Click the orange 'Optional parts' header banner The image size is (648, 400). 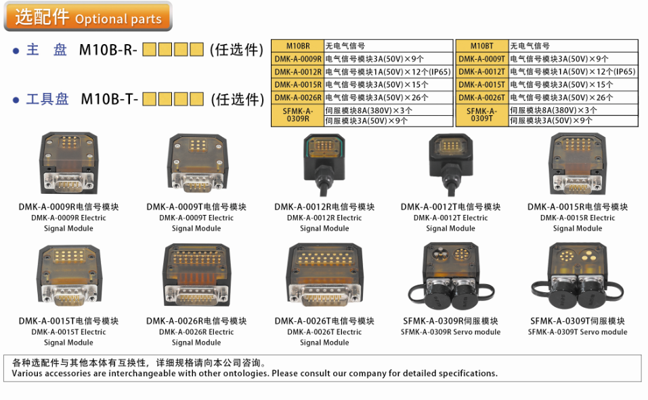click(x=88, y=17)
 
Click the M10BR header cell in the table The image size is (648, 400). click(x=298, y=46)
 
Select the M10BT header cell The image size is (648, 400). click(x=482, y=46)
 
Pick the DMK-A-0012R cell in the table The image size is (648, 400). click(x=298, y=72)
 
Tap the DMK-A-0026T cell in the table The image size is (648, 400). click(x=482, y=98)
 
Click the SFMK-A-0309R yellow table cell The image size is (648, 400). click(x=298, y=115)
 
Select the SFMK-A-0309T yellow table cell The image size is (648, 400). click(x=482, y=115)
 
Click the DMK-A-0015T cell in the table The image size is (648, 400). click(x=482, y=85)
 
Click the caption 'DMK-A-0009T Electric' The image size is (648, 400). click(x=196, y=218)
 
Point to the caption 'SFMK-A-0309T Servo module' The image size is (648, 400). click(x=578, y=332)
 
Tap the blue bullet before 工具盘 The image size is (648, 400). click(x=16, y=100)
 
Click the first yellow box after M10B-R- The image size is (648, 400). click(x=150, y=49)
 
